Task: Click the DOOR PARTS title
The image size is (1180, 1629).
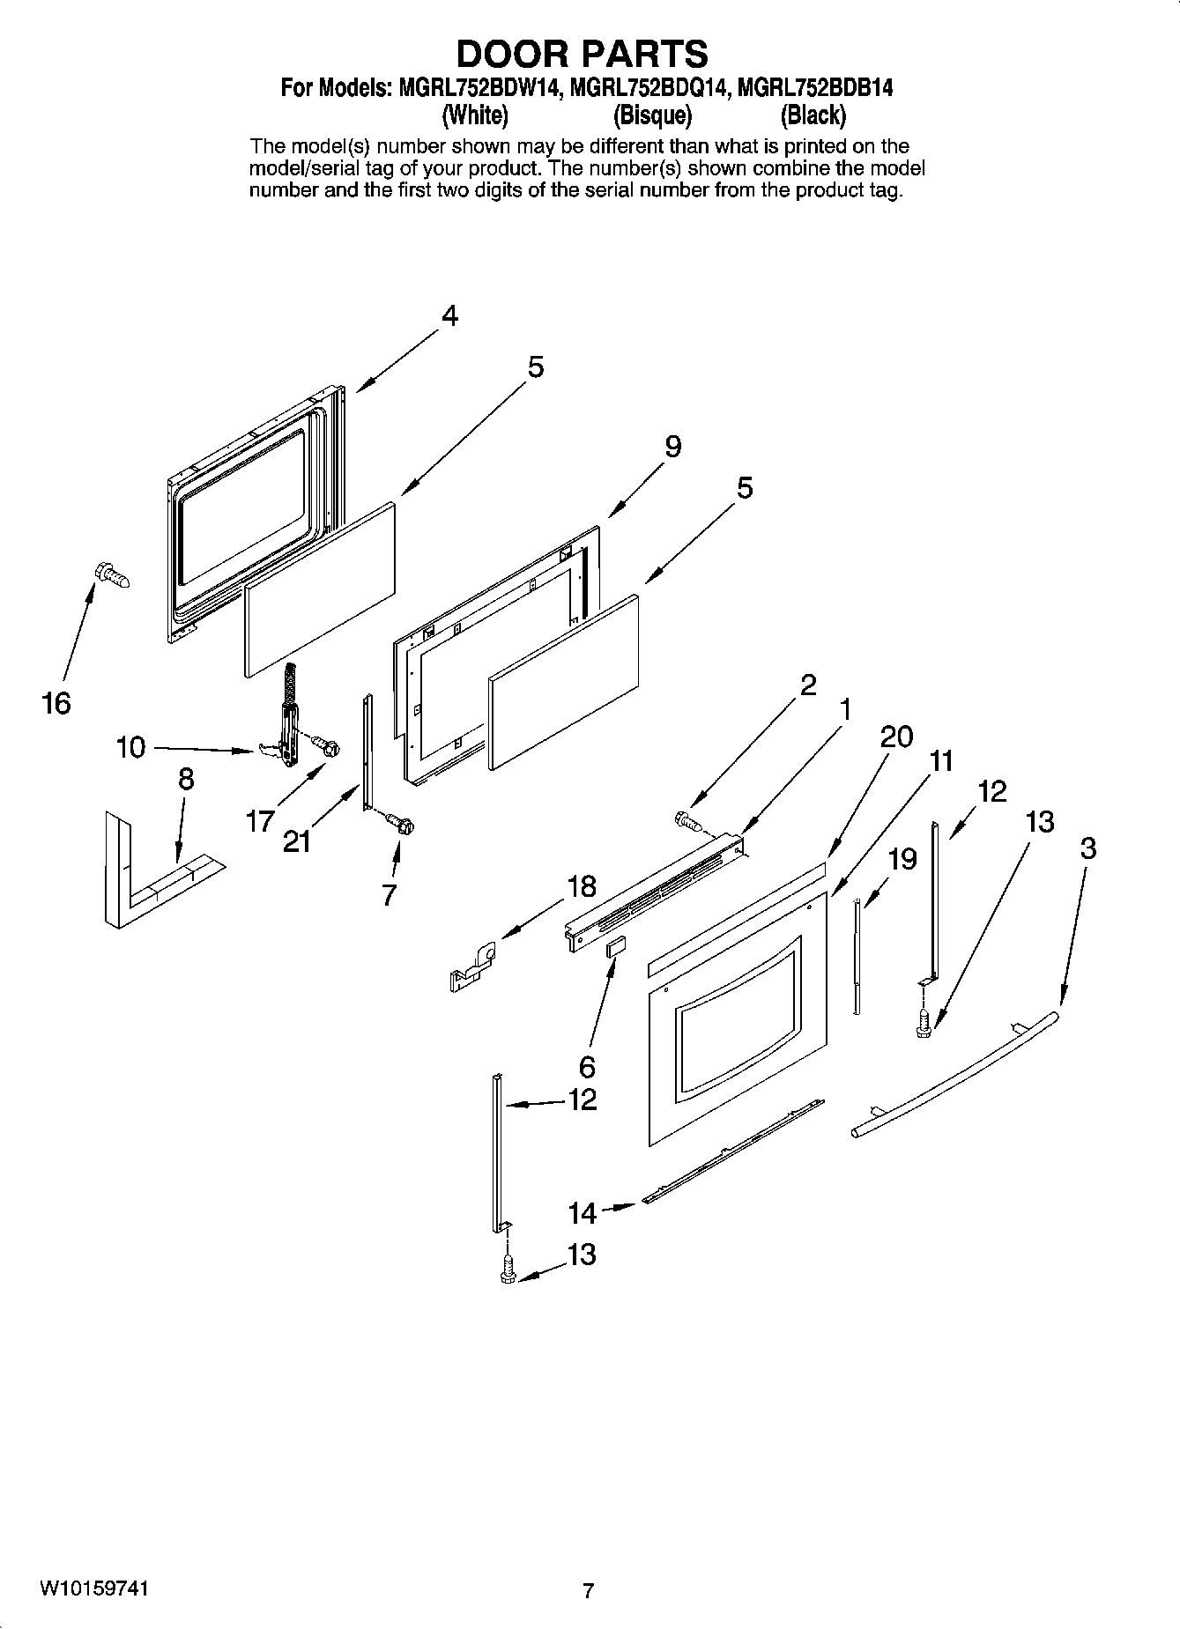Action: pos(582,54)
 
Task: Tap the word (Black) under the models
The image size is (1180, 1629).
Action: pos(812,115)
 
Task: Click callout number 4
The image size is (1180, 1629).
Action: pos(449,315)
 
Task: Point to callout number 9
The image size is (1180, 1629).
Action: pos(672,447)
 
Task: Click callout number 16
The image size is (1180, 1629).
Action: pos(56,703)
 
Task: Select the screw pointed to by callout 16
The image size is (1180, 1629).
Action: pos(110,576)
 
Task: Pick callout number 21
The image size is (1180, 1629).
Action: pos(297,841)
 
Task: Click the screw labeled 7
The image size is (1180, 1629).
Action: pos(401,825)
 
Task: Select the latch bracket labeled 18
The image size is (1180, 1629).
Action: pos(471,967)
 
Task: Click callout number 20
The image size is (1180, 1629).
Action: pos(896,736)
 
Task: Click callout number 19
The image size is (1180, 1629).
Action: pos(902,858)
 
